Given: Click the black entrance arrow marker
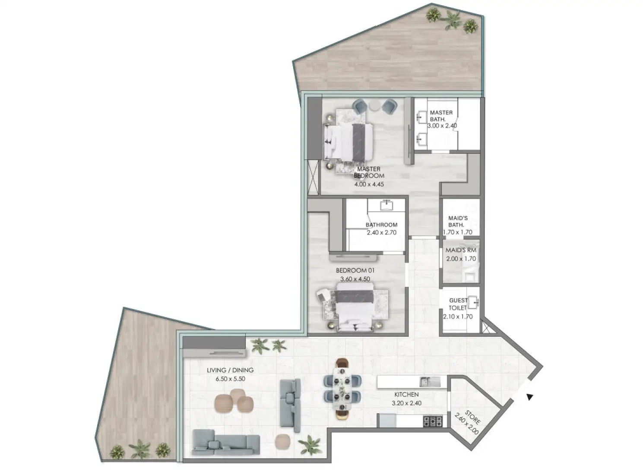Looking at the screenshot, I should click(529, 397).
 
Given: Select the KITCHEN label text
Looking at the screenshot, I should click(406, 395).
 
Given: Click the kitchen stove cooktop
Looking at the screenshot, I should click(433, 420).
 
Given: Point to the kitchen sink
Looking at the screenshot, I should click(430, 381).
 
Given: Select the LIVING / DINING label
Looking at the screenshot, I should click(230, 370).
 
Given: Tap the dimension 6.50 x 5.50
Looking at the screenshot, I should click(231, 379).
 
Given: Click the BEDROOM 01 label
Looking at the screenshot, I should click(355, 270).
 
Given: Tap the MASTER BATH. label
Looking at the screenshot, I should click(441, 115).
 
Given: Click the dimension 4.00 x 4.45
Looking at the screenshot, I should click(369, 184).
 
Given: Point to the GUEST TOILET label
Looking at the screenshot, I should click(458, 304).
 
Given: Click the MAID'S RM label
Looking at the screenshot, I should click(461, 250).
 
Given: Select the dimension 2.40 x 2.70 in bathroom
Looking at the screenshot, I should click(381, 232).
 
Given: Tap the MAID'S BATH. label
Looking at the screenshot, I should click(457, 221).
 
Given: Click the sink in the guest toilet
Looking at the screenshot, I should click(474, 301).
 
